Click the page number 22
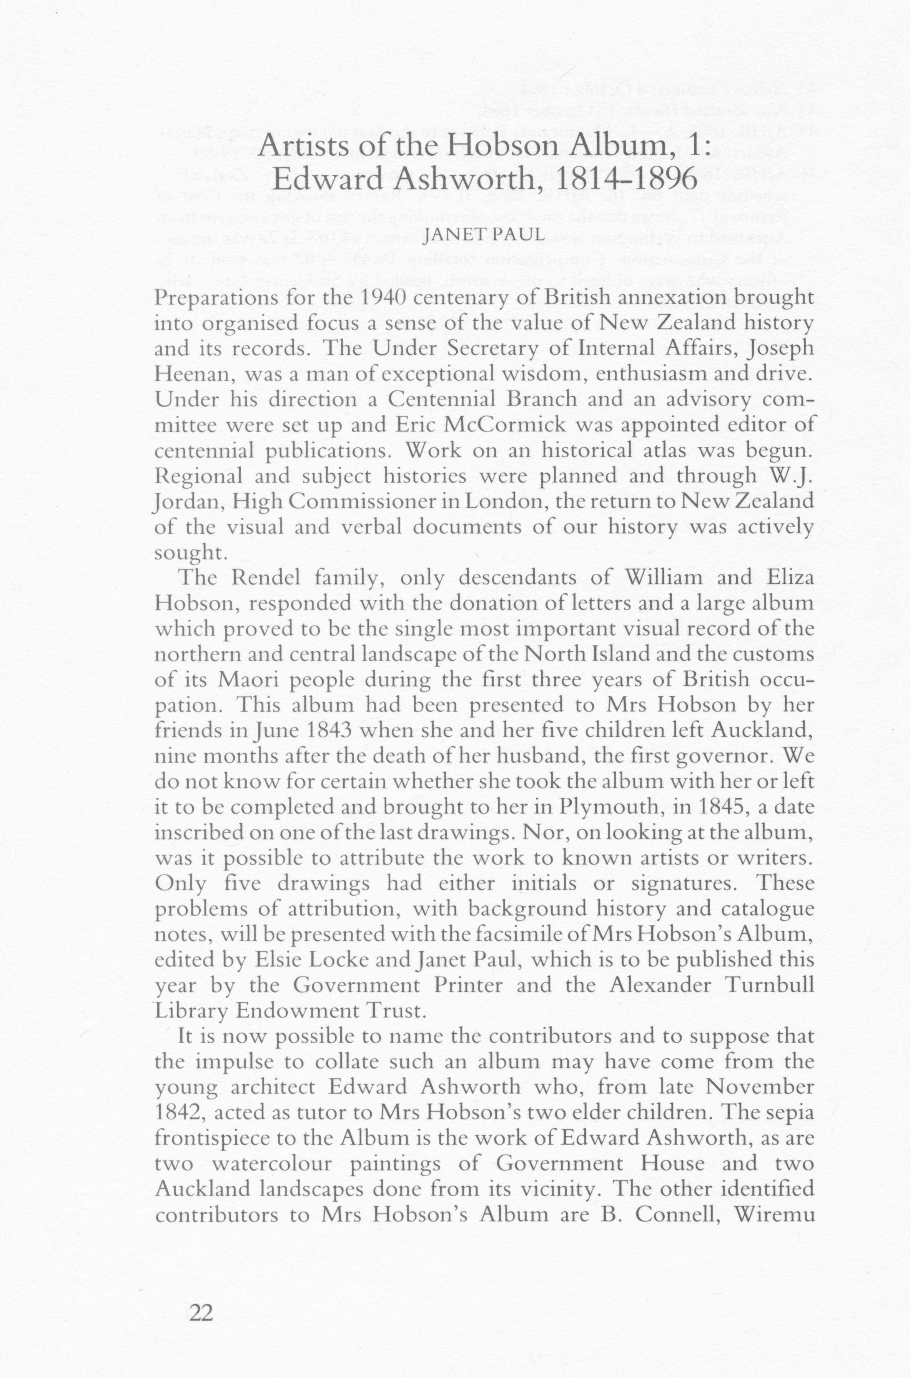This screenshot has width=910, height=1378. [x=201, y=1312]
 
